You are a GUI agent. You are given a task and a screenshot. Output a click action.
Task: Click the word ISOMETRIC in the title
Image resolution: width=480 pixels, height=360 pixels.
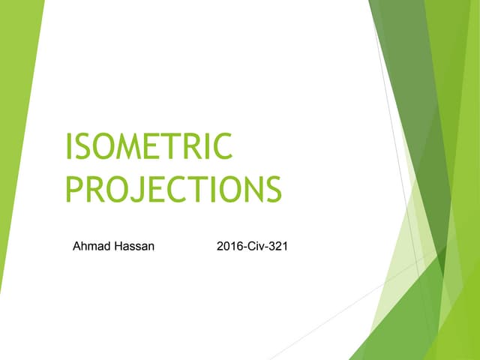149,145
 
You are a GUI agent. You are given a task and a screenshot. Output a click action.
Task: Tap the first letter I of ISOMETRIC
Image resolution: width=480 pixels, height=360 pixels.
70,145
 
